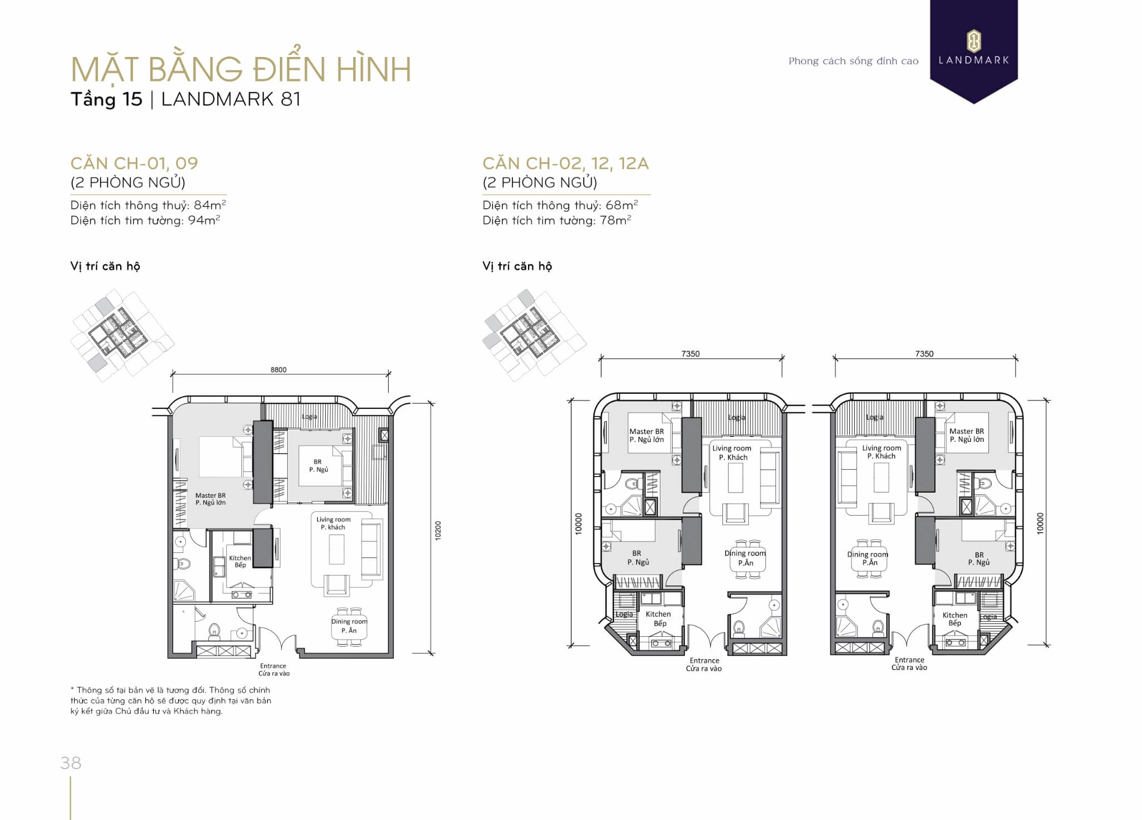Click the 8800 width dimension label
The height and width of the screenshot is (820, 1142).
click(278, 369)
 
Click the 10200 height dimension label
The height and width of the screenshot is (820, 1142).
click(437, 530)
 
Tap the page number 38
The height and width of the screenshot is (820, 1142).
click(71, 762)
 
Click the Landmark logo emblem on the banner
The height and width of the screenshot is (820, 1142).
click(973, 41)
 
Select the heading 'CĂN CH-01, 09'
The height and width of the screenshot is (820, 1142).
click(134, 163)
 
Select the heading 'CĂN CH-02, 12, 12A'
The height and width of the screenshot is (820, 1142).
click(565, 163)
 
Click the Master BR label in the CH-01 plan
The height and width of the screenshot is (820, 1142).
click(211, 499)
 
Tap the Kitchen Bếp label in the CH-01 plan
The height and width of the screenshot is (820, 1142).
click(240, 561)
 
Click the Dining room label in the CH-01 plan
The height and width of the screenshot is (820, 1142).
click(349, 626)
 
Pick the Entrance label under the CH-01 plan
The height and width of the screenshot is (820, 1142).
click(273, 669)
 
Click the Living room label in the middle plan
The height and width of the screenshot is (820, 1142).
click(732, 452)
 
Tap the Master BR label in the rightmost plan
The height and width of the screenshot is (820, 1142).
click(967, 435)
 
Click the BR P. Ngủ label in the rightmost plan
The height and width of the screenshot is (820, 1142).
click(979, 559)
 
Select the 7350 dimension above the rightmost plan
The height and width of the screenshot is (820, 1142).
click(924, 354)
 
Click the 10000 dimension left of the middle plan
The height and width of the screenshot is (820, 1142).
click(578, 523)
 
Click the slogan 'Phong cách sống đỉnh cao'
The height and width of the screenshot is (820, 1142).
click(853, 61)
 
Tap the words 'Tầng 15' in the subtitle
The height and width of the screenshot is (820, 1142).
click(106, 99)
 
